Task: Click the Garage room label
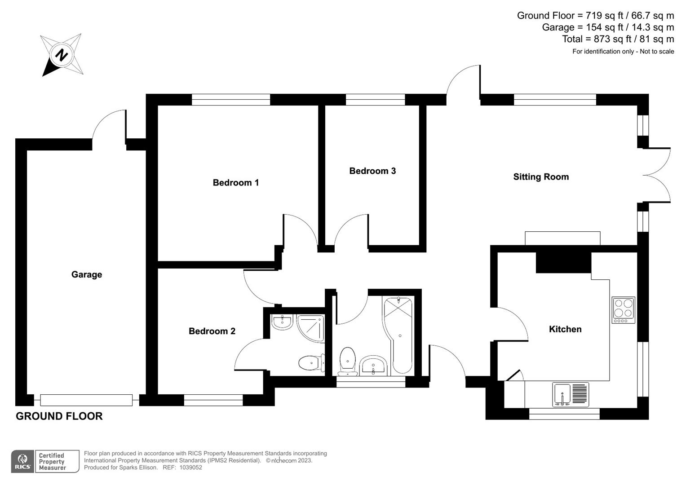[x=87, y=274]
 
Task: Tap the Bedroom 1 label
[x=235, y=182]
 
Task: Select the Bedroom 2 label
[x=212, y=331]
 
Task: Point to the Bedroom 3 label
[x=372, y=171]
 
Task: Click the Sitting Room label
[x=541, y=176]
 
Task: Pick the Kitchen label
[x=565, y=329]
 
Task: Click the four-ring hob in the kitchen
[x=624, y=310]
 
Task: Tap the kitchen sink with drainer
[x=571, y=395]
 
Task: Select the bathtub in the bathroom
[x=398, y=335]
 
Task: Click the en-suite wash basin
[x=282, y=322]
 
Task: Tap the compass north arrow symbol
[x=62, y=55]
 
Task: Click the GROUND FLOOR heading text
[x=59, y=416]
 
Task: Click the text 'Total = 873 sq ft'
[x=597, y=39]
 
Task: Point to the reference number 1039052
[x=190, y=467]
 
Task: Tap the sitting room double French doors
[x=656, y=175]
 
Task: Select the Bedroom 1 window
[x=231, y=100]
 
